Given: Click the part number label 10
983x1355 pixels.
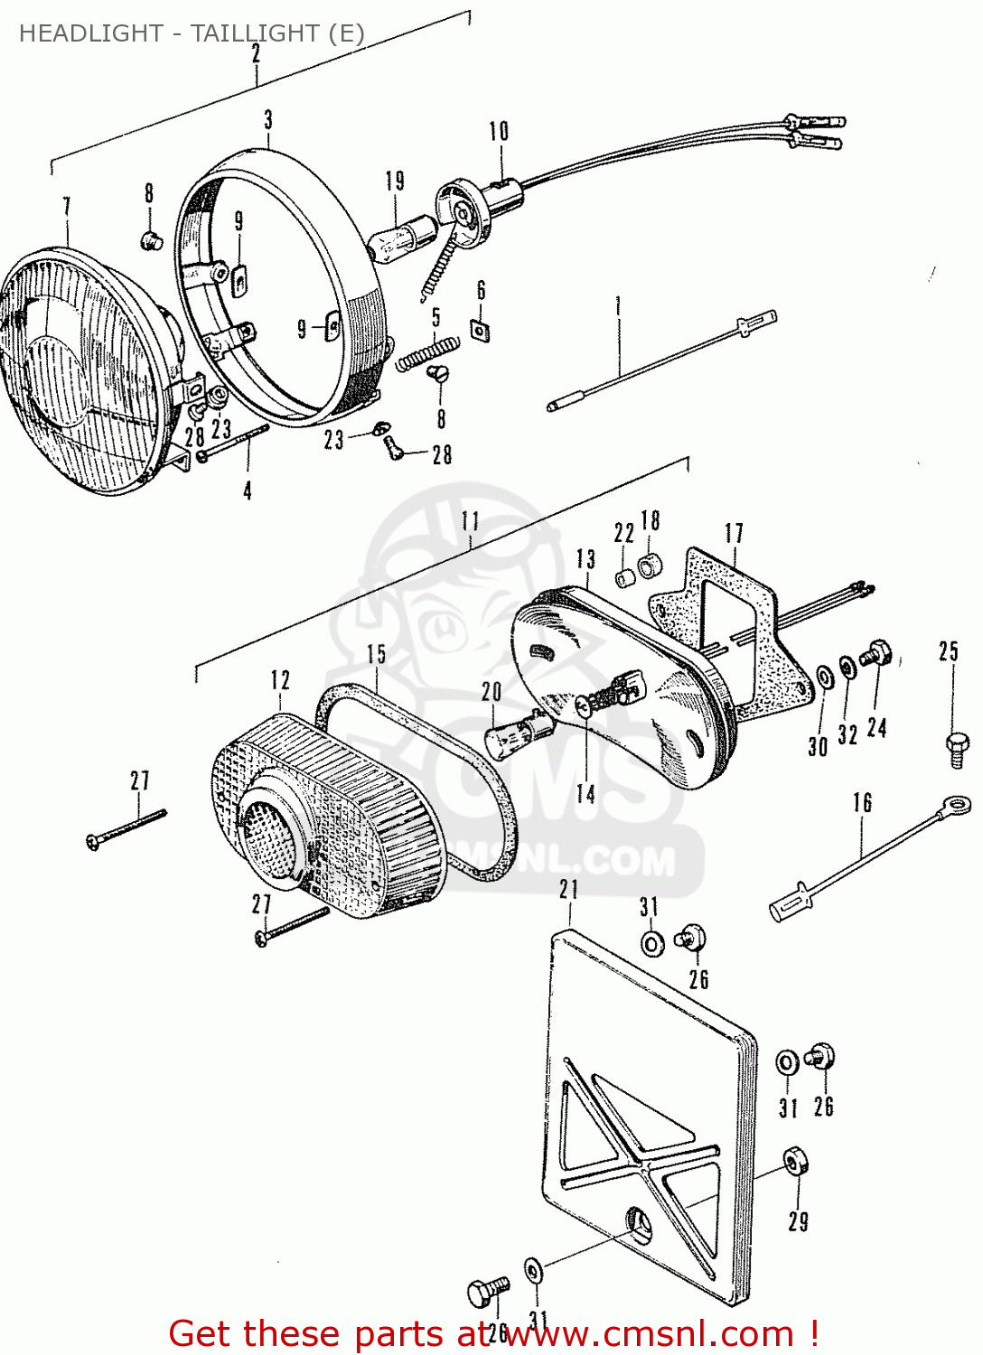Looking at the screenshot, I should (x=499, y=132).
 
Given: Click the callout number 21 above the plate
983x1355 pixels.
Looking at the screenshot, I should (x=568, y=890).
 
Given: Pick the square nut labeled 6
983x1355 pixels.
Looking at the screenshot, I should (x=481, y=331).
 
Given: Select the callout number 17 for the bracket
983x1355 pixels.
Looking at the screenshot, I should (x=734, y=534).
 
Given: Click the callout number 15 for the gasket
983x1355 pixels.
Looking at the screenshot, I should (x=376, y=654).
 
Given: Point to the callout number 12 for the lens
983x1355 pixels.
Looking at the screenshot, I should (x=280, y=679).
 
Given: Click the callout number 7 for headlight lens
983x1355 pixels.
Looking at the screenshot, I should (x=66, y=207).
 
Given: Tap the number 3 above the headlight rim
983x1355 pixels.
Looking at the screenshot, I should (x=268, y=120).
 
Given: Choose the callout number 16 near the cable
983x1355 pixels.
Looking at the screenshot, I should (x=862, y=803).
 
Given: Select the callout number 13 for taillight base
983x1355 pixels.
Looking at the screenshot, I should (x=585, y=559).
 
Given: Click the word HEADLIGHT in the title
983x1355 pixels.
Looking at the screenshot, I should (x=90, y=33).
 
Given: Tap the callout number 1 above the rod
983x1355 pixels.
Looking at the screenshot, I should (x=618, y=305).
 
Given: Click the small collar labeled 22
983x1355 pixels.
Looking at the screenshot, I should (x=623, y=576).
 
